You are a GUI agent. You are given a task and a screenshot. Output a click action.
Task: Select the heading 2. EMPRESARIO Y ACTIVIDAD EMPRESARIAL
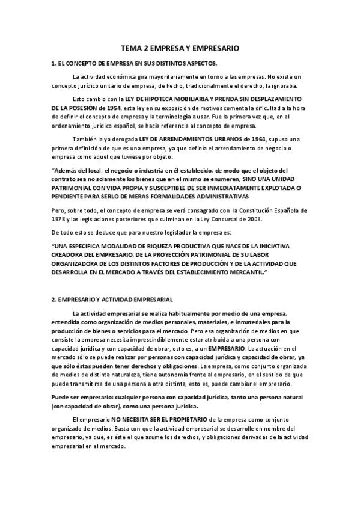[x=112, y=299]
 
